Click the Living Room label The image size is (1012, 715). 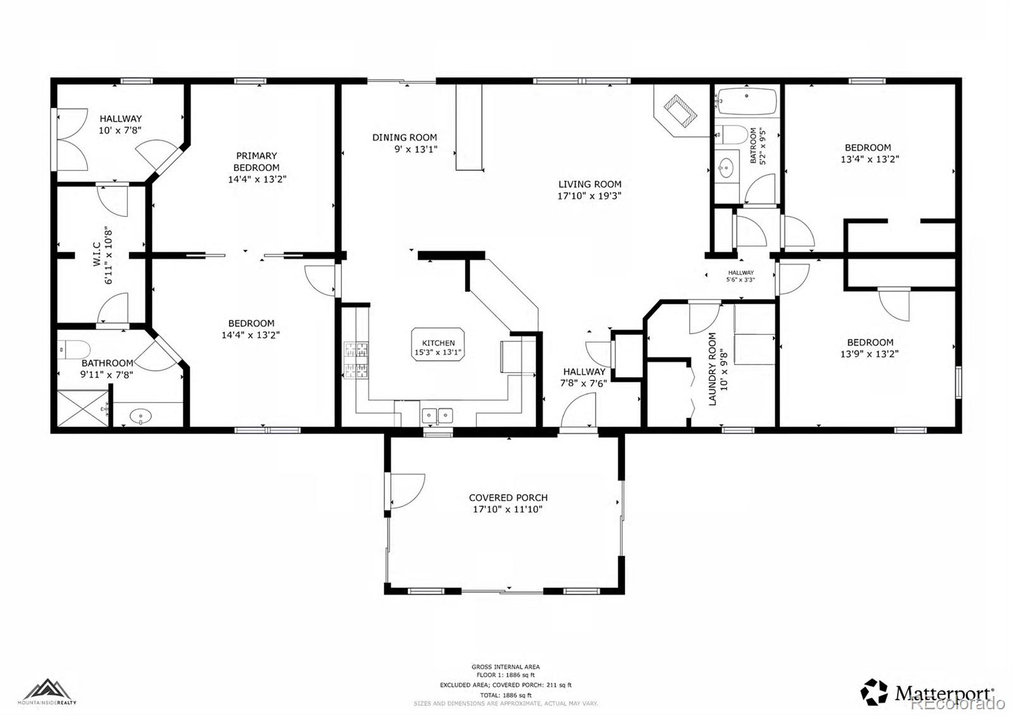[x=589, y=185]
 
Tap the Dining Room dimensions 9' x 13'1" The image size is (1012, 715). [x=414, y=150]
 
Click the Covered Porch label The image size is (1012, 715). [x=508, y=498]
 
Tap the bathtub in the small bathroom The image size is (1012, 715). [x=747, y=102]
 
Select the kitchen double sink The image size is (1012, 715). [x=438, y=416]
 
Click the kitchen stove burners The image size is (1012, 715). [x=355, y=359]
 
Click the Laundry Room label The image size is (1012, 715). [x=712, y=369]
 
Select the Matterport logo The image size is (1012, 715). [x=927, y=692]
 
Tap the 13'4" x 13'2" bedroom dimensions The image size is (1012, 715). [x=870, y=159]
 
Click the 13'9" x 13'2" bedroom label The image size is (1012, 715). [x=870, y=342]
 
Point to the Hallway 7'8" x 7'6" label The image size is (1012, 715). [x=584, y=372]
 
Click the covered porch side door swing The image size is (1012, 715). [x=405, y=490]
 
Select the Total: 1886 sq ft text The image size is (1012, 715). [x=505, y=695]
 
